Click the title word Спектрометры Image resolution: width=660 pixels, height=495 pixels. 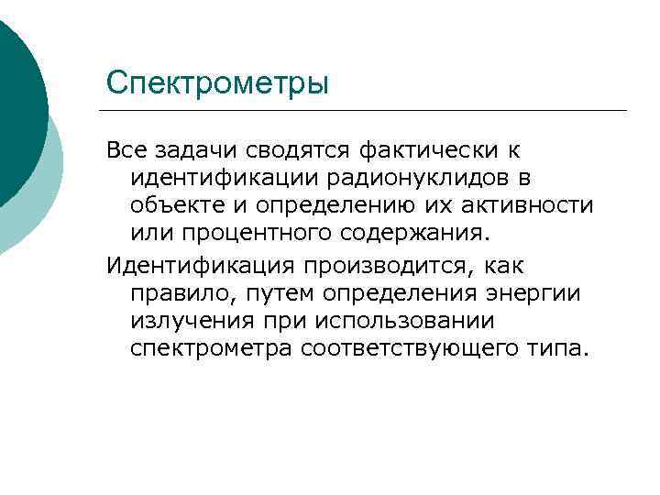tap(217, 83)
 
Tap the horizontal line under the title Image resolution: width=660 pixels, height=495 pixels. tap(367, 111)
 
